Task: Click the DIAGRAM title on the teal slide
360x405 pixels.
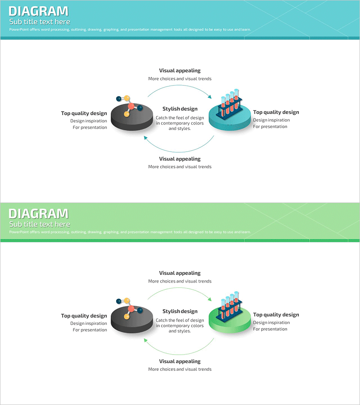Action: (x=39, y=11)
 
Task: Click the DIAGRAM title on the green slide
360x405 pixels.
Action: (x=39, y=214)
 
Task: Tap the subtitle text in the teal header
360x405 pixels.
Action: (x=40, y=22)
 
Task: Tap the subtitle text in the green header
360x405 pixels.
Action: (x=40, y=224)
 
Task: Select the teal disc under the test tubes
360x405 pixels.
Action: (x=229, y=124)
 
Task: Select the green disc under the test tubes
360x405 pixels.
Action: (x=229, y=326)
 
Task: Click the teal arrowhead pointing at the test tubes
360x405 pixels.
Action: (x=209, y=96)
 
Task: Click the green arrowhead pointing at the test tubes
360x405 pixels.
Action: (x=209, y=298)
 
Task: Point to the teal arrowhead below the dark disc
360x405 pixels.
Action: (x=146, y=137)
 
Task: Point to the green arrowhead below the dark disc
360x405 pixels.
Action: (x=146, y=340)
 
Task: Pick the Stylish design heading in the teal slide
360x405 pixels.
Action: (x=180, y=109)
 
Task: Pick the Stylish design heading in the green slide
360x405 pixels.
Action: (x=180, y=311)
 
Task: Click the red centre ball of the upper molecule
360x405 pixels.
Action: (x=131, y=107)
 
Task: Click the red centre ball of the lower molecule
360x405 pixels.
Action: (x=131, y=309)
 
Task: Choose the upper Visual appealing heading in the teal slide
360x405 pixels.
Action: (x=180, y=71)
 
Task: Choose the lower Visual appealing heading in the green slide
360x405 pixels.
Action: (x=180, y=361)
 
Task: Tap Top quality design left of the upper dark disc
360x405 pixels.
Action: (x=84, y=113)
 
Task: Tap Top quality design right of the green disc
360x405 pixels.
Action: (x=276, y=315)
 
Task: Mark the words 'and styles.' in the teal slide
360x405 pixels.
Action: (x=180, y=129)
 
